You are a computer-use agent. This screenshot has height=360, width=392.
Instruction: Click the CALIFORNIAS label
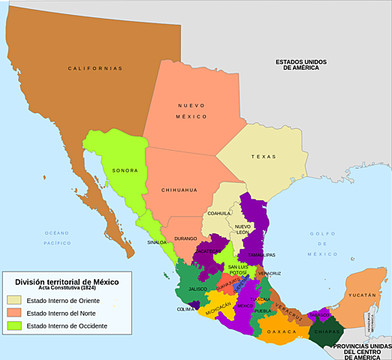pyautogui.click(x=95, y=68)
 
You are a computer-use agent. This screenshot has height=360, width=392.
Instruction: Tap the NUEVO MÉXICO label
pyautogui.click(x=191, y=111)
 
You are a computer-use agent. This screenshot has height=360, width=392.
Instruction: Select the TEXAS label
pyautogui.click(x=264, y=157)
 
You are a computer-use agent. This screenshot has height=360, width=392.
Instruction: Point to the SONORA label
pyautogui.click(x=125, y=170)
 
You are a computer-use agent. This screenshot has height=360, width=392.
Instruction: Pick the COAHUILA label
pyautogui.click(x=219, y=213)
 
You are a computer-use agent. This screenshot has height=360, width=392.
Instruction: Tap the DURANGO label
pyautogui.click(x=185, y=238)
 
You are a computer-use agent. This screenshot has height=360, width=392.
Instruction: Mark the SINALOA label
pyautogui.click(x=157, y=242)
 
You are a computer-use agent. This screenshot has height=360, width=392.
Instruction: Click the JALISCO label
pyautogui.click(x=198, y=288)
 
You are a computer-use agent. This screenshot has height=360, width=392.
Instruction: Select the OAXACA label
pyautogui.click(x=282, y=331)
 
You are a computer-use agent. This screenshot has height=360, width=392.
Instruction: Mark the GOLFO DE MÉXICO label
pyautogui.click(x=322, y=244)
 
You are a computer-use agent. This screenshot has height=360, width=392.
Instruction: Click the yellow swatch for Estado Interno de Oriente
pyautogui.click(x=14, y=301)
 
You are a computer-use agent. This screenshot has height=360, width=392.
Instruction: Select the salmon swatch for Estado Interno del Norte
pyautogui.click(x=14, y=313)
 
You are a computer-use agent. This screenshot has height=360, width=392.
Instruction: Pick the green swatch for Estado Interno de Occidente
pyautogui.click(x=14, y=325)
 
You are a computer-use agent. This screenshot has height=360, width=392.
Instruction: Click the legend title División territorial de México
pyautogui.click(x=66, y=280)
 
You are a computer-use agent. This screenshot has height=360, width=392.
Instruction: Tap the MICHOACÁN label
pyautogui.click(x=219, y=307)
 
